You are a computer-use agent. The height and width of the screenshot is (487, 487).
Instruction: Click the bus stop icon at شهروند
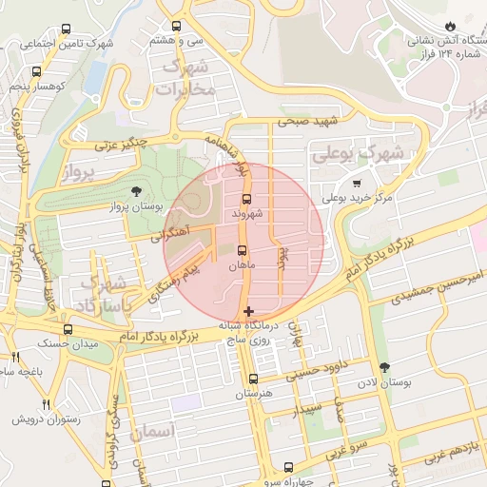click(247, 200)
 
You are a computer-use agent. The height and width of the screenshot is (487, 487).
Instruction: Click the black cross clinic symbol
click(249, 311)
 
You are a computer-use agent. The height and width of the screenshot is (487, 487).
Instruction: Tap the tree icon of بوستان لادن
click(384, 367)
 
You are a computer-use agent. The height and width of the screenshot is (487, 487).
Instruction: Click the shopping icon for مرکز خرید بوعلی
click(357, 184)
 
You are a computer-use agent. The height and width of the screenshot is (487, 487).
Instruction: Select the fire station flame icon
click(450, 27)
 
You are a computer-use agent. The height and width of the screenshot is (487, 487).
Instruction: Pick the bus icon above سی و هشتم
click(176, 28)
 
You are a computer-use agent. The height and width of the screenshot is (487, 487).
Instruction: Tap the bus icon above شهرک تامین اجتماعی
click(65, 29)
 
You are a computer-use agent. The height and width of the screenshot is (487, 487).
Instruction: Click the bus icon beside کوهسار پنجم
click(36, 71)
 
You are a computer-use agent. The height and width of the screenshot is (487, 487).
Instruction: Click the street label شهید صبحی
click(302, 122)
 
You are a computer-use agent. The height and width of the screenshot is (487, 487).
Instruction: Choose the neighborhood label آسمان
click(151, 433)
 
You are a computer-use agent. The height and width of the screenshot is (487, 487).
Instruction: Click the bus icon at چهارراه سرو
click(289, 467)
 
